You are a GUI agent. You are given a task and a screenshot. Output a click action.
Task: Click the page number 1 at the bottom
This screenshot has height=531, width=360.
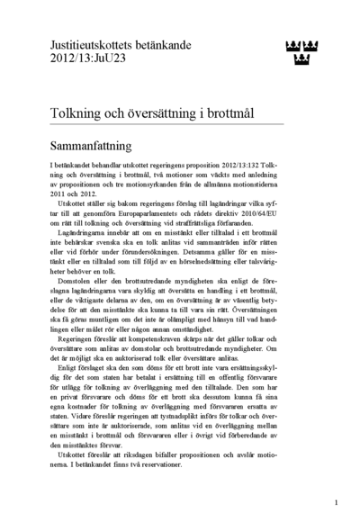(335, 502)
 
